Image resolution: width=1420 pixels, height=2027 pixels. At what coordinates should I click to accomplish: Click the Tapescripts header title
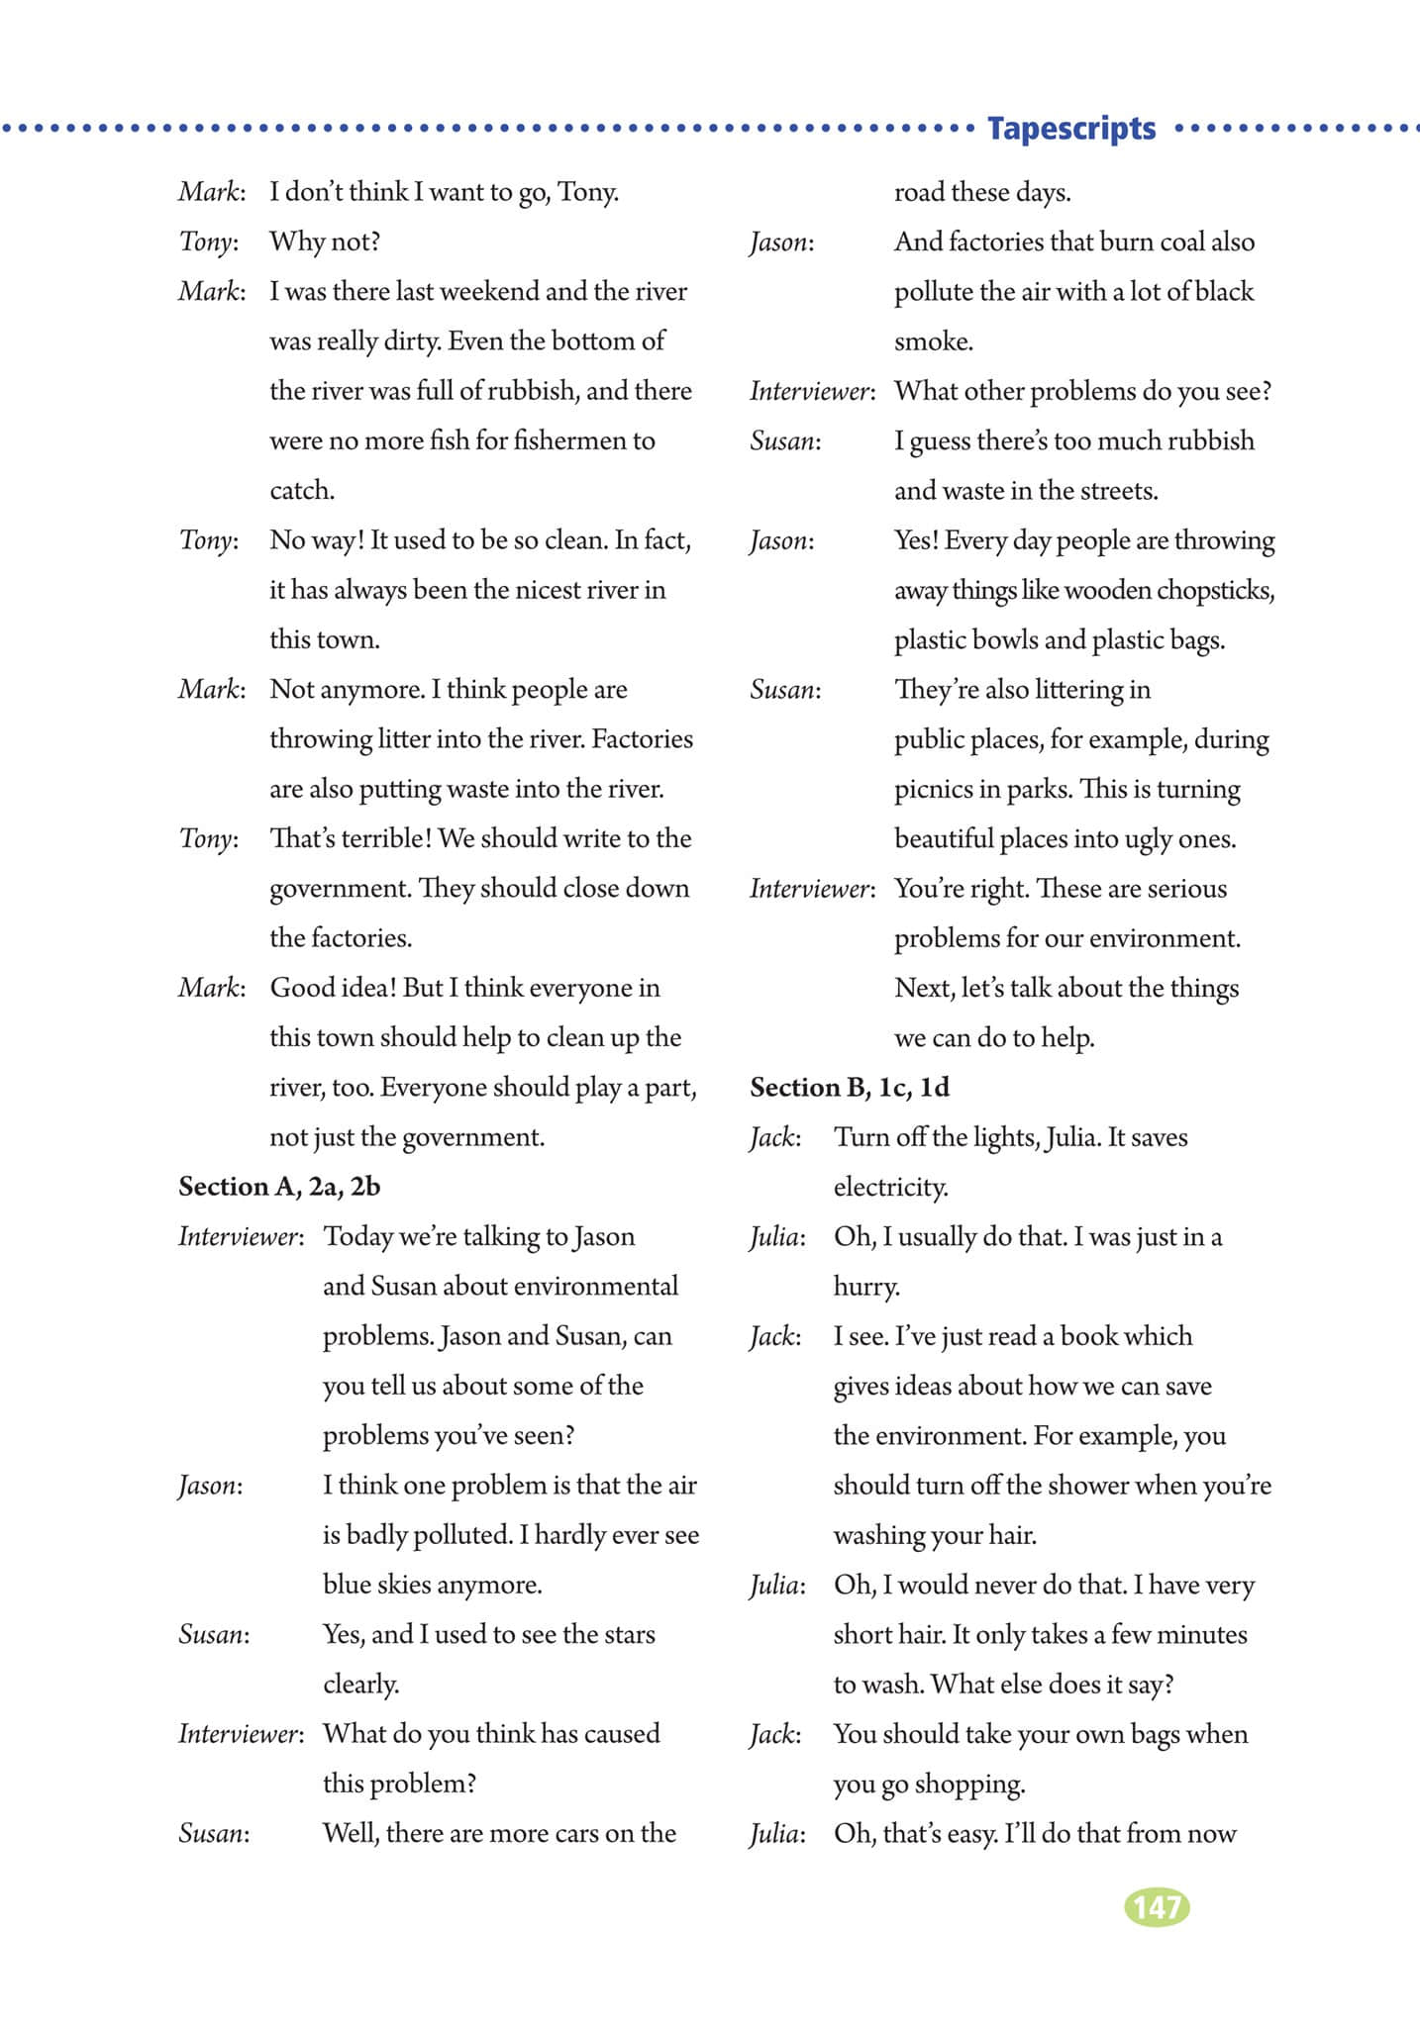(1071, 129)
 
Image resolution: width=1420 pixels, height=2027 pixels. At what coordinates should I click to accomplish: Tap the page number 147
(1157, 1906)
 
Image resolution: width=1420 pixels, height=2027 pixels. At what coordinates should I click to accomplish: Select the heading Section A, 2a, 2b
(279, 1186)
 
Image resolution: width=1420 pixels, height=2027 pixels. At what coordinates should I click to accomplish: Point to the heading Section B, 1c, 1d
(850, 1087)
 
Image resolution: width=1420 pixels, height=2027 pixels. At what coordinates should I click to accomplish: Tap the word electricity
(890, 1187)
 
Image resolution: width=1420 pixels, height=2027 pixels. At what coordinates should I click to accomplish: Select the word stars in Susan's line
(629, 1634)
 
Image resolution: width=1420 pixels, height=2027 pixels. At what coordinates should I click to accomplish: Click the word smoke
(934, 341)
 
